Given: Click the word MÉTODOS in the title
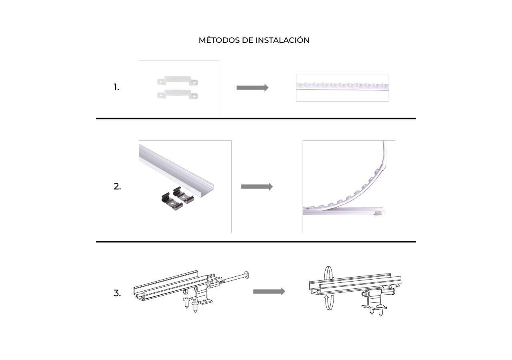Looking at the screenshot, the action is pyautogui.click(x=219, y=40).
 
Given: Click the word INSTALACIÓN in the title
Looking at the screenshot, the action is pyautogui.click(x=282, y=40).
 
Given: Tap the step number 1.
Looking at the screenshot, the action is pyautogui.click(x=116, y=87).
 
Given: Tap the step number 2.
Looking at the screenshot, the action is pyautogui.click(x=117, y=187).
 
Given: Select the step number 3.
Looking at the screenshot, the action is pyautogui.click(x=117, y=293).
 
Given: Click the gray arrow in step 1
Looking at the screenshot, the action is pyautogui.click(x=252, y=88).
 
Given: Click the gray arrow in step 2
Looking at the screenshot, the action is pyautogui.click(x=257, y=187).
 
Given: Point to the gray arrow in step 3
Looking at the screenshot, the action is pyautogui.click(x=269, y=292).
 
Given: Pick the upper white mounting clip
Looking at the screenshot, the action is pyautogui.click(x=178, y=81).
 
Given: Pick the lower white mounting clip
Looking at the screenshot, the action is pyautogui.click(x=178, y=94).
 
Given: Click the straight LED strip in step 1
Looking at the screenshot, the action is pyautogui.click(x=342, y=86).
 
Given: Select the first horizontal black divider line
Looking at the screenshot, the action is pyautogui.click(x=256, y=119).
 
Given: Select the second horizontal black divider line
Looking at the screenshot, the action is pyautogui.click(x=256, y=242).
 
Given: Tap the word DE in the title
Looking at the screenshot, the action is pyautogui.click(x=248, y=40).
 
